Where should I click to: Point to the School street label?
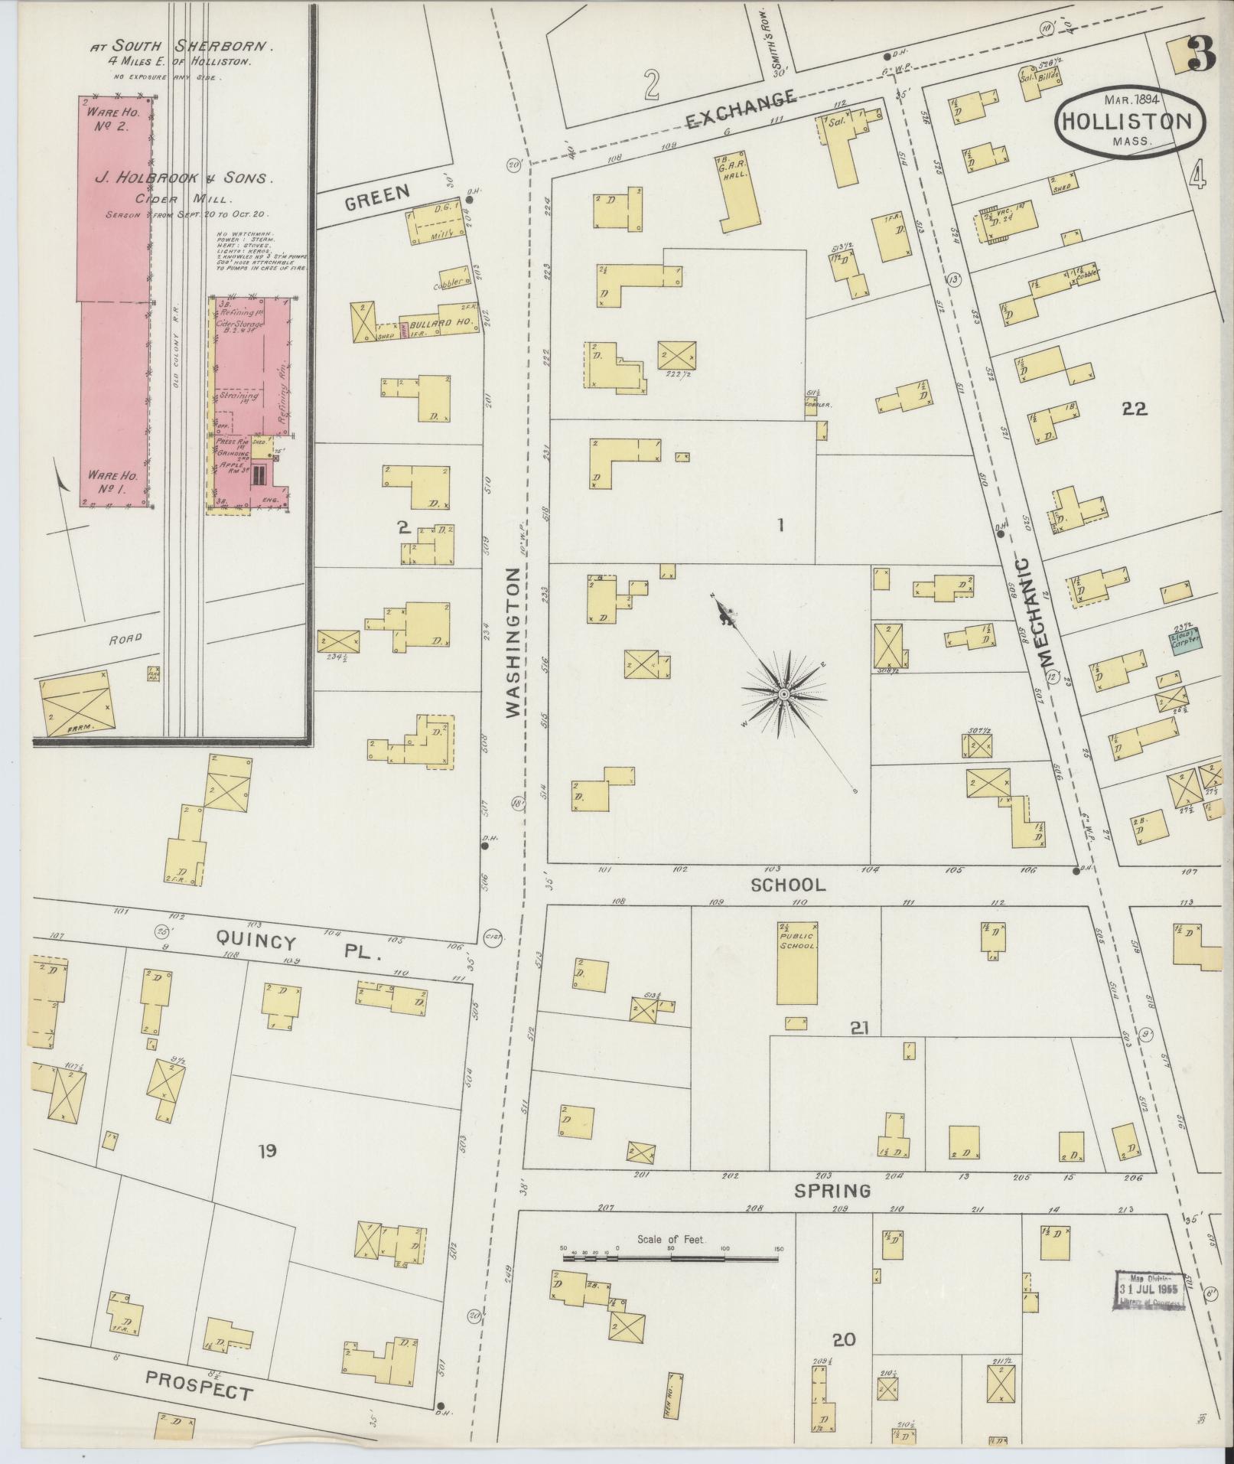click(788, 885)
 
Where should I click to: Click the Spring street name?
click(832, 1191)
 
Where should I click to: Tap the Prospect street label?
click(200, 1384)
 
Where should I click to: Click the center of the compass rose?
click(784, 693)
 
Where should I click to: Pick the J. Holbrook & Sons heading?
click(183, 178)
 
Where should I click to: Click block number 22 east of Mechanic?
click(1134, 409)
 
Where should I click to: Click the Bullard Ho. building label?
click(433, 322)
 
